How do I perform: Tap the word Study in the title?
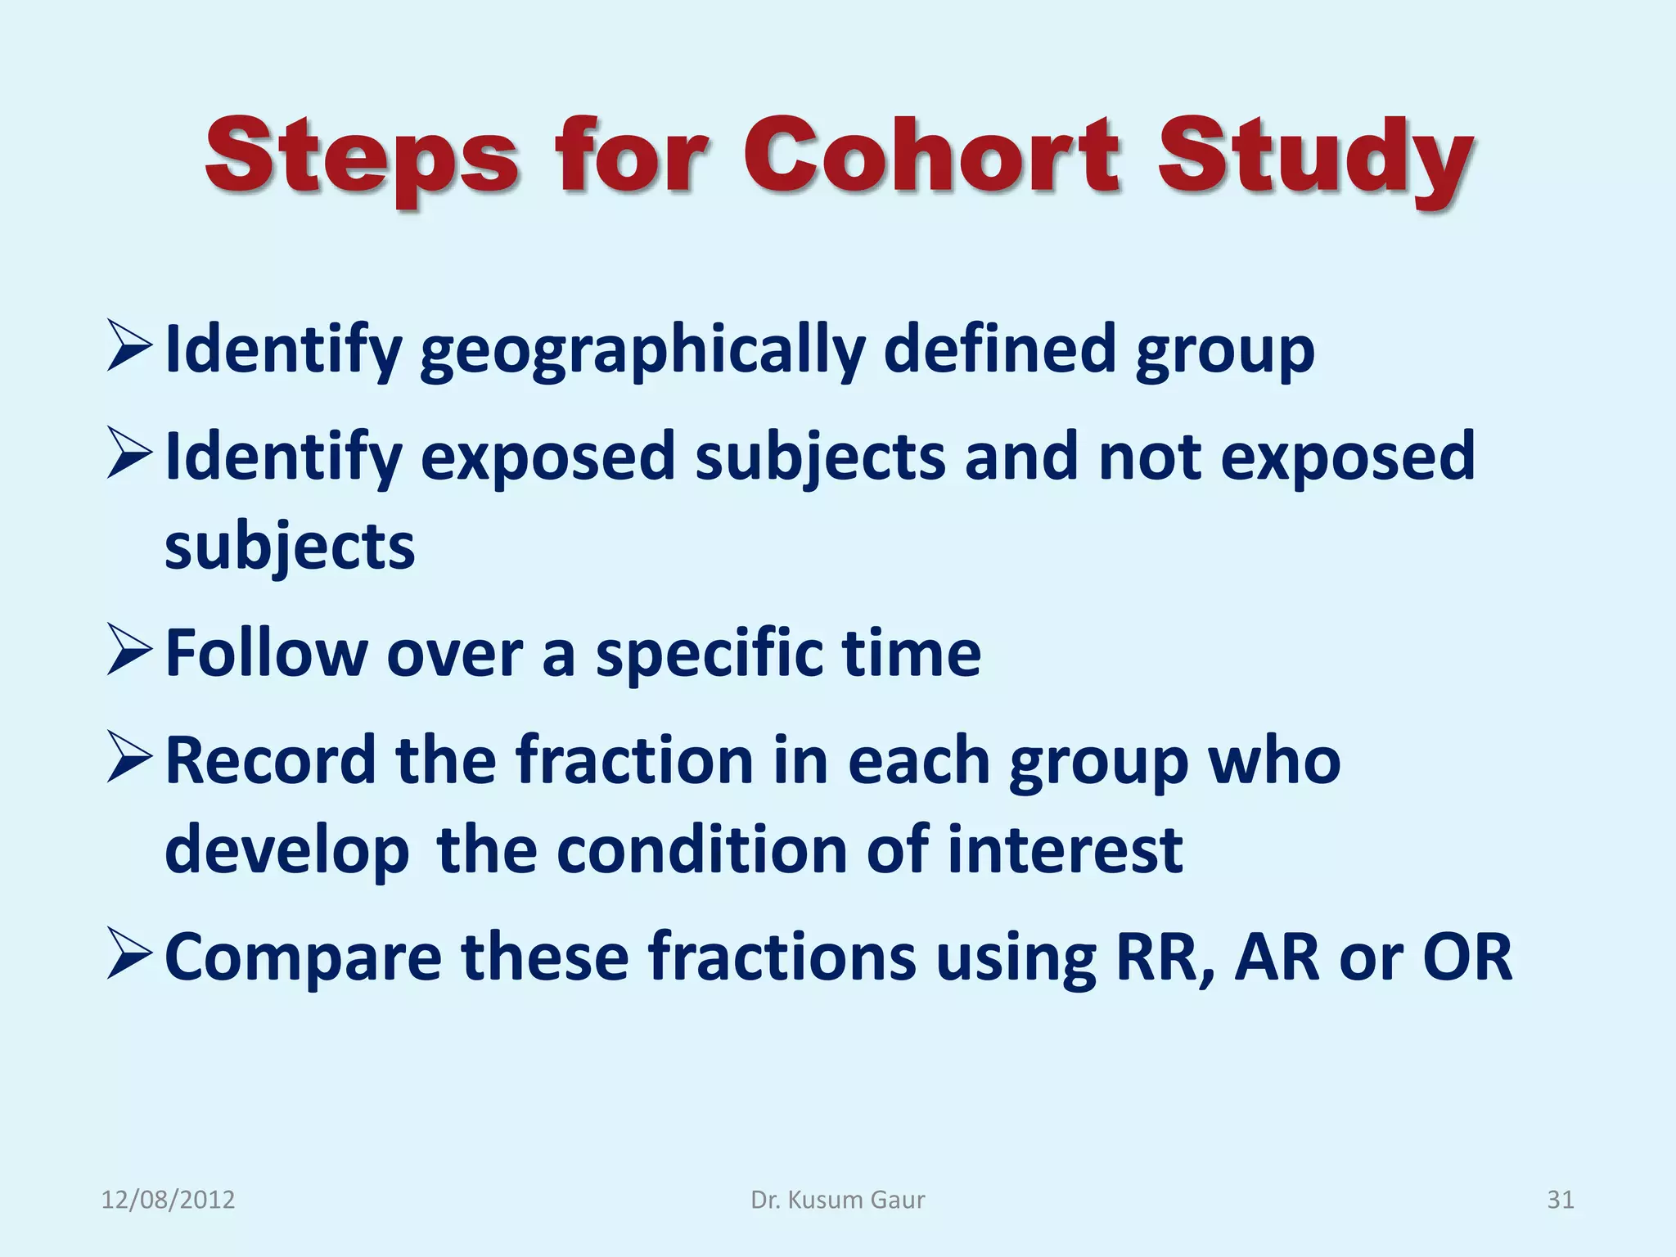(x=1314, y=160)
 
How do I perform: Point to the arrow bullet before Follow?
(x=129, y=651)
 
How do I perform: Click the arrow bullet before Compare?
(x=129, y=956)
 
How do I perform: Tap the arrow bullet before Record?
(x=129, y=759)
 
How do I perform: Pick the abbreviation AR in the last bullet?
(x=1276, y=957)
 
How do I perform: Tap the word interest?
(x=1064, y=849)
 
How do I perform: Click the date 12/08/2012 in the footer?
(x=168, y=1200)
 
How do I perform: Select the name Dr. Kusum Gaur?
(x=837, y=1200)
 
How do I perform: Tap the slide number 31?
(x=1560, y=1200)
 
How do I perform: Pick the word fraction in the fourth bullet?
(x=633, y=760)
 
